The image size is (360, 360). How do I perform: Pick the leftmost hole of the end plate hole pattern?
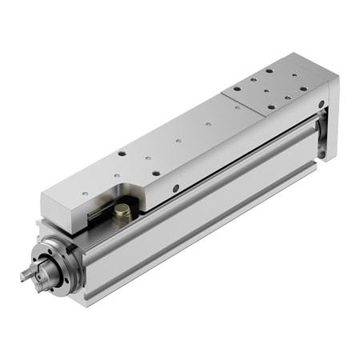(x=238, y=90)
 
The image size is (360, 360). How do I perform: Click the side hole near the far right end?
(x=319, y=103)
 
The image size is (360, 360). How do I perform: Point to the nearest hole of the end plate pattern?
(x=270, y=107)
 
